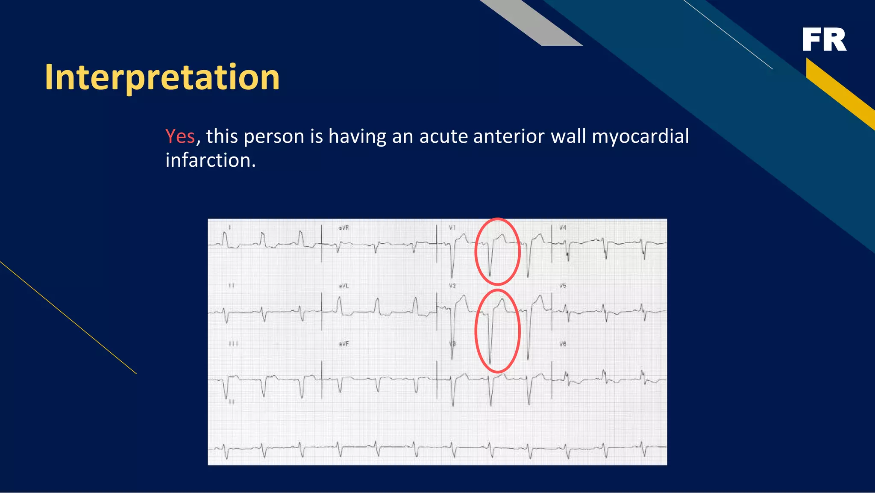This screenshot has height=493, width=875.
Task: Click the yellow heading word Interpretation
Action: pyautogui.click(x=162, y=77)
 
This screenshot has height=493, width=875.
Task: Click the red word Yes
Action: pyautogui.click(x=180, y=136)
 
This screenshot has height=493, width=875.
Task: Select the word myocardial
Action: pyautogui.click(x=640, y=136)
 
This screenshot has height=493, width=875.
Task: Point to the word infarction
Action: pyautogui.click(x=210, y=160)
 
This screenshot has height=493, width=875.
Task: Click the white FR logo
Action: pyautogui.click(x=824, y=40)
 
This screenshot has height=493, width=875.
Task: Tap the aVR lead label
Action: pyautogui.click(x=344, y=228)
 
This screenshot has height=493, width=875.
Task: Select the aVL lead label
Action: pyautogui.click(x=344, y=286)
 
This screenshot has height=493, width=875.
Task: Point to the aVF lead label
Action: pyautogui.click(x=344, y=344)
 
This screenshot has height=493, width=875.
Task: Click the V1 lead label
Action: pyautogui.click(x=452, y=228)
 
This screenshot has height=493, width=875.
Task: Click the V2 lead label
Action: pyautogui.click(x=452, y=286)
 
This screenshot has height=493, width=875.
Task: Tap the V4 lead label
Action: pyautogui.click(x=563, y=228)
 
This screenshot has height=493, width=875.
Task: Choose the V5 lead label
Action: pyautogui.click(x=563, y=286)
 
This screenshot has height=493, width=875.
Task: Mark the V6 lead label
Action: pyautogui.click(x=563, y=344)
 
